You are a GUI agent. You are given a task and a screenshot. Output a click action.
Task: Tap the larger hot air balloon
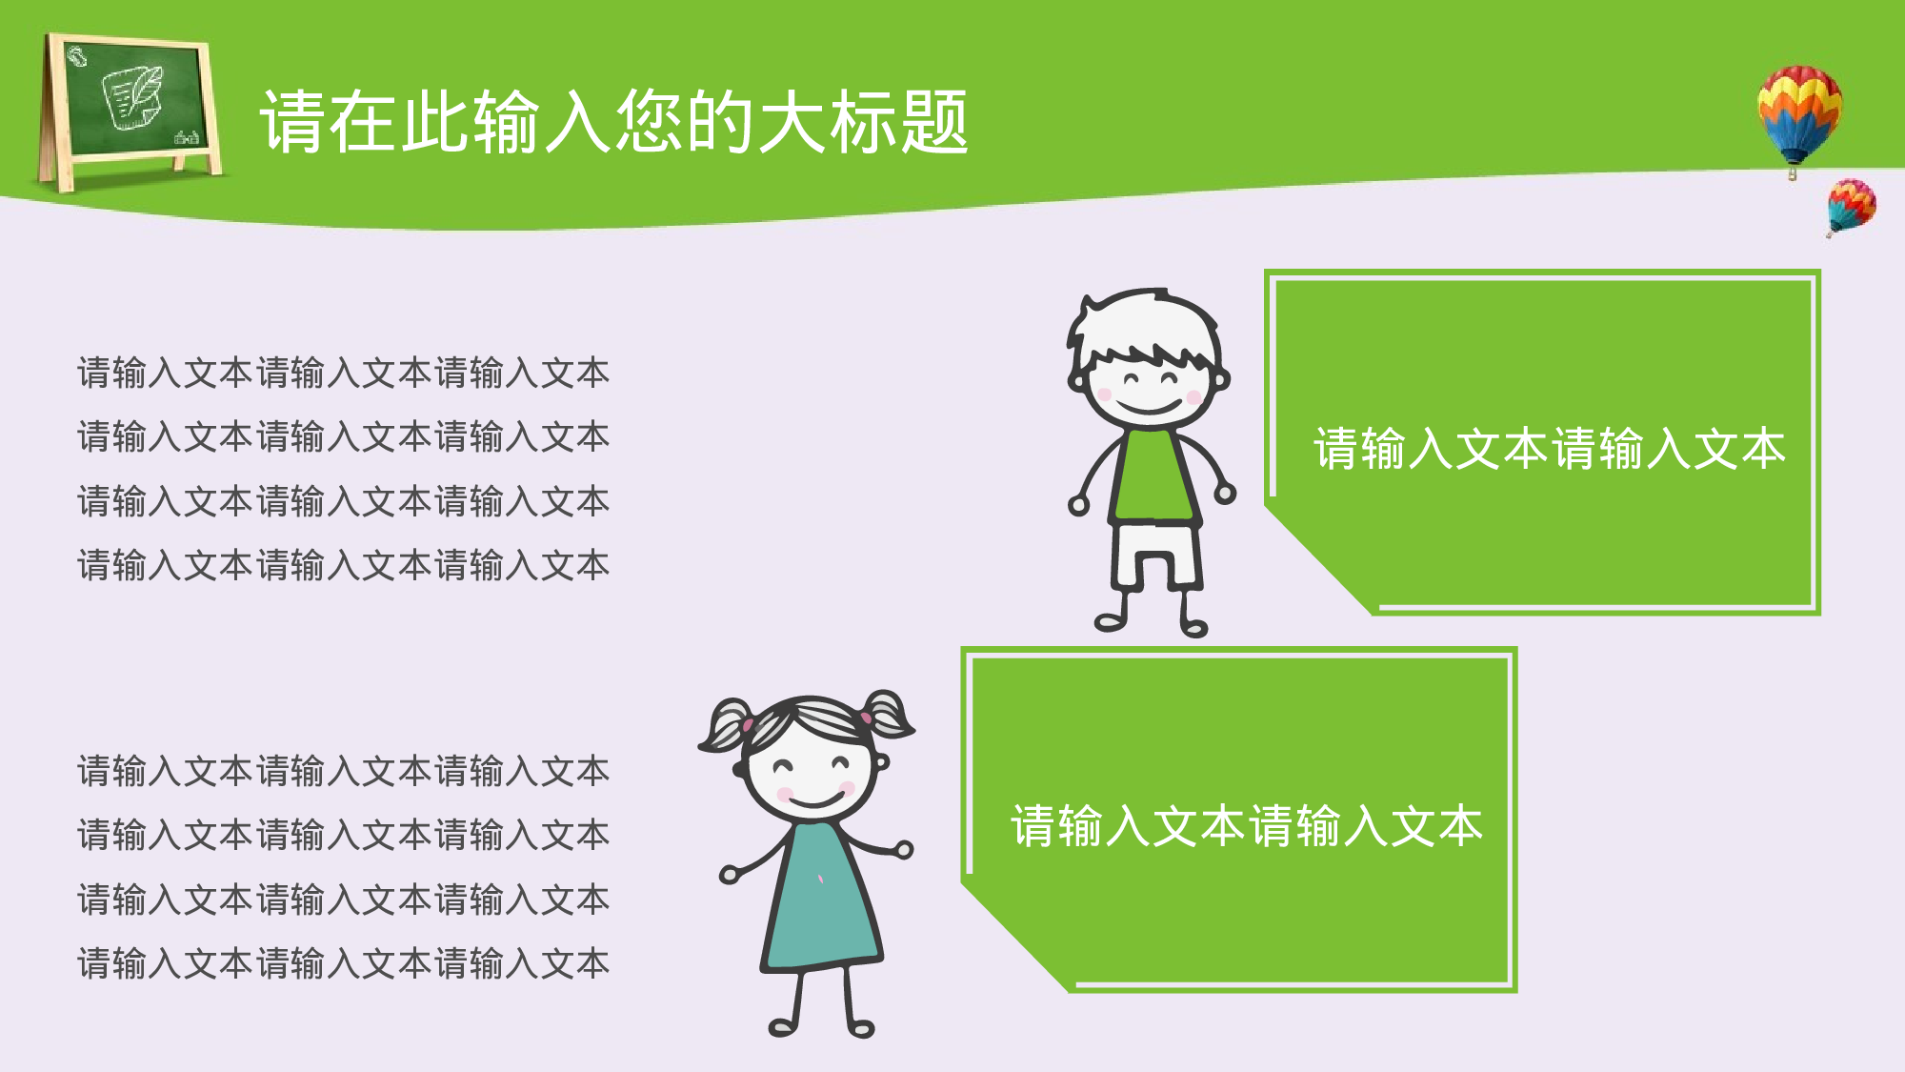pos(1798,110)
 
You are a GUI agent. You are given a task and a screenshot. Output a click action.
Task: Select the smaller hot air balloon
pos(1851,204)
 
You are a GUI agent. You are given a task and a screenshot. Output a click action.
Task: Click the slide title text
pos(614,122)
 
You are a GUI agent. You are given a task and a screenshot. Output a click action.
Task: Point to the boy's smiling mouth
pos(1148,407)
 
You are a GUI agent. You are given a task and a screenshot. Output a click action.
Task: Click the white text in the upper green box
pos(1549,448)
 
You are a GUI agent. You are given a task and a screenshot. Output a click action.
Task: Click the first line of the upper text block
pos(343,373)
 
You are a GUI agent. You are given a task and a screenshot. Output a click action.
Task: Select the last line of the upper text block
pos(343,565)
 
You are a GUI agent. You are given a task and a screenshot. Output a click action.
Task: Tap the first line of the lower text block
pos(343,771)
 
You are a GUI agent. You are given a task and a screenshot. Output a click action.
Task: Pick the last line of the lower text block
pos(343,963)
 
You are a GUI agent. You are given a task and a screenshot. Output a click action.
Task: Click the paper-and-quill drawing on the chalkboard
pos(133,95)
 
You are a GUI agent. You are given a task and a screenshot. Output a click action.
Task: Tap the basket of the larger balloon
pos(1793,173)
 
